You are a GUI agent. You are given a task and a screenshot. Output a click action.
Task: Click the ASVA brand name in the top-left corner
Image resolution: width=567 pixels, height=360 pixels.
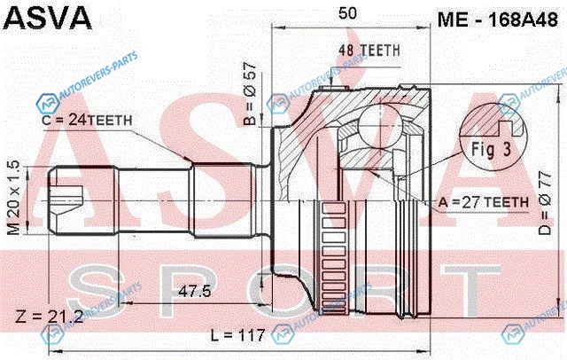point(47,18)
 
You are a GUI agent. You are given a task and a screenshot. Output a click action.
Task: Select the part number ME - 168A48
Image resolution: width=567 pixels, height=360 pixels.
point(498,20)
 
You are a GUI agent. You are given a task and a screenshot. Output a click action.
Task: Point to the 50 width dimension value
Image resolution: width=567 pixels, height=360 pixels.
point(347,13)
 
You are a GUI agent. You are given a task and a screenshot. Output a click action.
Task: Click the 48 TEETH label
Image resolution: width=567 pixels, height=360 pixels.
point(369,51)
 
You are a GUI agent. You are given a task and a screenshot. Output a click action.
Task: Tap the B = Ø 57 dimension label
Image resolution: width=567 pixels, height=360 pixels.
point(250,93)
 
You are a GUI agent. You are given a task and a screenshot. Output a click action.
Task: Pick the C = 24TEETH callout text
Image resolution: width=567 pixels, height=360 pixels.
point(87,120)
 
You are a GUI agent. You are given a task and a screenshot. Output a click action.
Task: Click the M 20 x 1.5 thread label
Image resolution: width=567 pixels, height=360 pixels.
point(13,198)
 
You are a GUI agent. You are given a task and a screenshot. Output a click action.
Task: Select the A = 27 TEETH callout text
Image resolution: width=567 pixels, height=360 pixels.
point(484,202)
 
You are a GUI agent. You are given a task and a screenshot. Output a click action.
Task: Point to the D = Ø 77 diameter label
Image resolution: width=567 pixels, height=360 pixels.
point(545,203)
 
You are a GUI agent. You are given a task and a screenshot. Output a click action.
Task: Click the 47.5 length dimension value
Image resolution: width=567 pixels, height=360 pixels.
point(195,291)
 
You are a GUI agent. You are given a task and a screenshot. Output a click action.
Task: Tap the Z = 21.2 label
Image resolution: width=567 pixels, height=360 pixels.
point(50,317)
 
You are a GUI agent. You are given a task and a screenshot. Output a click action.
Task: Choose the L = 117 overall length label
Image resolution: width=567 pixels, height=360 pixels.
point(238,335)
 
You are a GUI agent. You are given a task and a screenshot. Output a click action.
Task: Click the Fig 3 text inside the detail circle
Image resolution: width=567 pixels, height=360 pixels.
point(492,149)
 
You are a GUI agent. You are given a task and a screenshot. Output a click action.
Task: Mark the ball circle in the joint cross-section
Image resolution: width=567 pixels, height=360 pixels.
point(380,126)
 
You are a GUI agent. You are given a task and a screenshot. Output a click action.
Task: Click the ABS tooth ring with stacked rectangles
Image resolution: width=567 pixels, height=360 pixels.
point(333,258)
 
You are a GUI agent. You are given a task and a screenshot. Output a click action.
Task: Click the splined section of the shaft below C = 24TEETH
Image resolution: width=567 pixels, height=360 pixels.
point(223,200)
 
